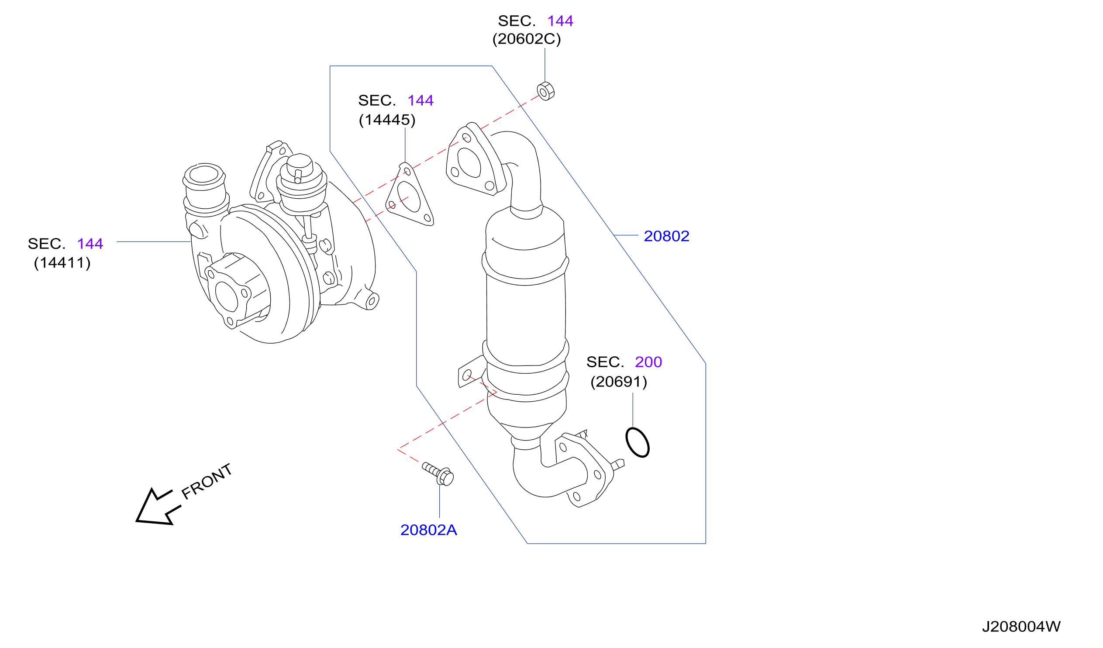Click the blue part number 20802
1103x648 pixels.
(x=666, y=236)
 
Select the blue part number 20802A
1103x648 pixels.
(x=428, y=530)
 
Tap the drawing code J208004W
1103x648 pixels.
(x=1021, y=627)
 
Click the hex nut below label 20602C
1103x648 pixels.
(x=545, y=91)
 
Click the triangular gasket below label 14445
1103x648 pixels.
(x=410, y=195)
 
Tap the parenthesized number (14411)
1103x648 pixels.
(x=62, y=263)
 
